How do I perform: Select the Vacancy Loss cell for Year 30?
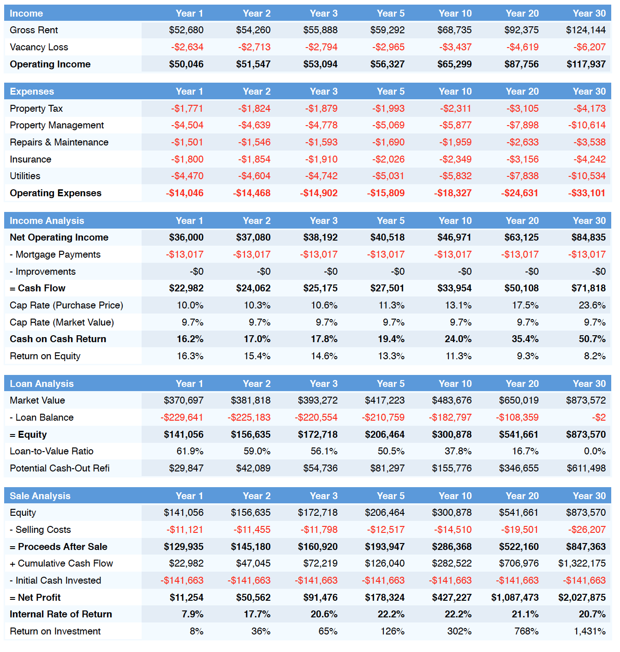(589, 47)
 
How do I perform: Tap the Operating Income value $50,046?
(186, 64)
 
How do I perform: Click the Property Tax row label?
(36, 109)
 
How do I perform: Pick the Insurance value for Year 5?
(388, 159)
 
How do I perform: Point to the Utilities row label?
(25, 176)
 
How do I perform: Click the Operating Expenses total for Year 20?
(519, 193)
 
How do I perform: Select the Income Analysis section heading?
(47, 221)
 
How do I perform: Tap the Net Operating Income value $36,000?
(186, 237)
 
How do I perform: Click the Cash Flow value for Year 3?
(320, 288)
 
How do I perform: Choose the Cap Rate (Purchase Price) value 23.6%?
(592, 305)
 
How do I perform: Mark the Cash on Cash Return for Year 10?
(458, 339)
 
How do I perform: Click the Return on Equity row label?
(45, 356)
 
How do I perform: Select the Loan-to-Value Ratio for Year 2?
(257, 451)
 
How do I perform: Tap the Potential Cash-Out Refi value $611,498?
(586, 468)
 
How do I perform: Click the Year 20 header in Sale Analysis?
(522, 496)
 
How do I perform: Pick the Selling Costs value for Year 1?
(185, 530)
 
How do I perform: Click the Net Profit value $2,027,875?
(582, 597)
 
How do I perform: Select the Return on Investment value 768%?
(526, 631)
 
